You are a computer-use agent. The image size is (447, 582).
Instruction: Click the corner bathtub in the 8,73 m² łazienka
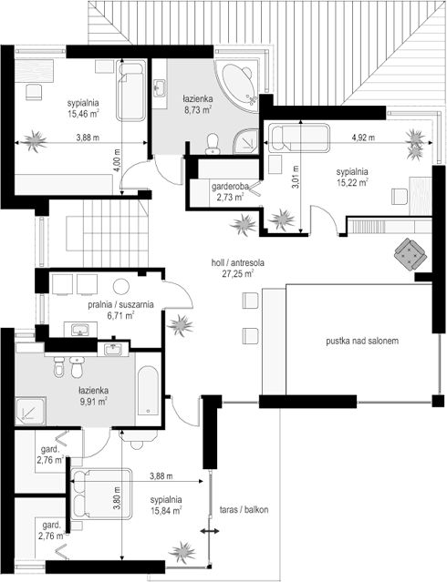[x=237, y=87]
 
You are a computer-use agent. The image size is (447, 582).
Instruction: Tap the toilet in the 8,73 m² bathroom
[x=213, y=144]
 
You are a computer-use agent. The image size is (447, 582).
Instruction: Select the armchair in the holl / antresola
[x=410, y=253]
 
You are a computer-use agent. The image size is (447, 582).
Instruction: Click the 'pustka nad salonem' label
[x=362, y=341]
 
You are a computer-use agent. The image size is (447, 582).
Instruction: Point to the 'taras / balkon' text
[x=244, y=509]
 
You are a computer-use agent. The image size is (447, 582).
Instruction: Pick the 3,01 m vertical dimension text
[x=296, y=177]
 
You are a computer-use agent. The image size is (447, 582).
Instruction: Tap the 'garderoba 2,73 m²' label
[x=230, y=191]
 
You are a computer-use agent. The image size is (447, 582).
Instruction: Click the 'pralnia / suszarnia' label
[x=120, y=305]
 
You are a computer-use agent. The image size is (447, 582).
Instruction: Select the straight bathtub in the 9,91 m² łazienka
[x=148, y=391]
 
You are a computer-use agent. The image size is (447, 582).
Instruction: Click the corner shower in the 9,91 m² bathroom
[x=31, y=411]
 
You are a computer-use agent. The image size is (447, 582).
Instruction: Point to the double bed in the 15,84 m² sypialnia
[x=101, y=494]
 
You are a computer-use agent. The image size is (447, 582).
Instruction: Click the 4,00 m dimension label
[x=118, y=160]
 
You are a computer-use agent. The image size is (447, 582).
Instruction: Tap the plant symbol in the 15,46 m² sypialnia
[x=34, y=140]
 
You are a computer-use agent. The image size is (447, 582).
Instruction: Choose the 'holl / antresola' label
[x=237, y=263]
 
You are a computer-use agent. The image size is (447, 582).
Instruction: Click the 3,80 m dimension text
[x=118, y=497]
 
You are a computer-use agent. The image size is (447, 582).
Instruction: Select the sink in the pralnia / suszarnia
[x=80, y=329]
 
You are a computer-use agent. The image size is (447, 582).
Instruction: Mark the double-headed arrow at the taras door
[x=210, y=532]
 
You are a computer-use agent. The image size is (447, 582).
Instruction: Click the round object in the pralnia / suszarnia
[x=120, y=287]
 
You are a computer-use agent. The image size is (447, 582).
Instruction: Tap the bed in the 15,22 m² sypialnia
[x=299, y=138]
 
